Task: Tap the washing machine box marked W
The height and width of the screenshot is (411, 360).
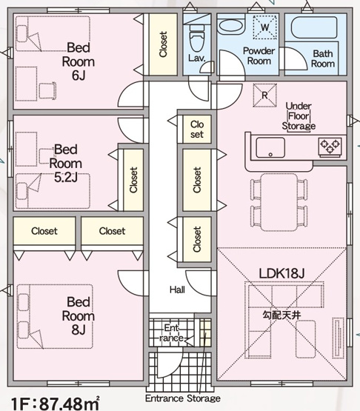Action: pos(264,27)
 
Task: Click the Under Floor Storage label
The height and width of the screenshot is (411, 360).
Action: pos(299,116)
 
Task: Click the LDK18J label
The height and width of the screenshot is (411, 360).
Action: pos(281,274)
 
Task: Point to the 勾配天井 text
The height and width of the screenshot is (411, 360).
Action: pos(281,314)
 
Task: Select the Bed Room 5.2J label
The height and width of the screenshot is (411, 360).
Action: pos(65,162)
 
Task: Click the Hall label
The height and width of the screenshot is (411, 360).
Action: pos(178,290)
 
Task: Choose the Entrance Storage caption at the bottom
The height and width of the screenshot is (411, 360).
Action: pos(182,398)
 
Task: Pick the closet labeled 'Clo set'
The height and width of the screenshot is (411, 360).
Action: pos(196,130)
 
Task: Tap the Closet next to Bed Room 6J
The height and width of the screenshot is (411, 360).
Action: pos(163,44)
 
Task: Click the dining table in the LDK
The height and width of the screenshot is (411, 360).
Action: pos(282,202)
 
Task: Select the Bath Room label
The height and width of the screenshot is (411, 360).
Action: pos(322,59)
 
